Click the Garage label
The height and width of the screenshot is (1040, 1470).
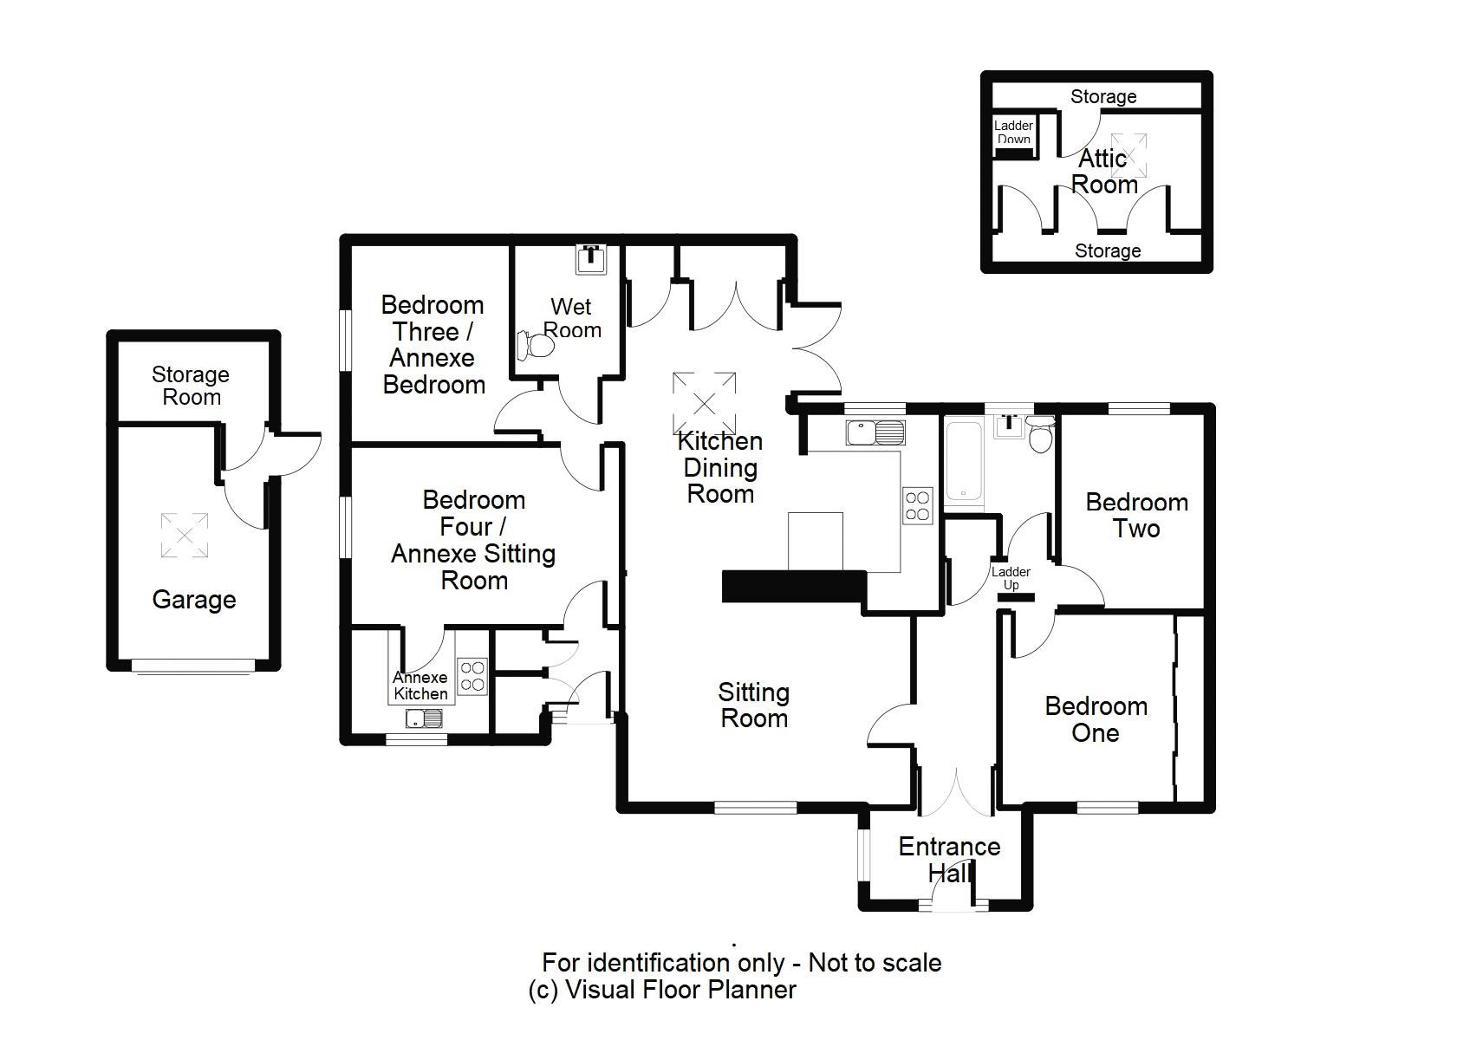click(x=194, y=600)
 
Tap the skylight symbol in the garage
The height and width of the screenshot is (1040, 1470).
click(x=184, y=535)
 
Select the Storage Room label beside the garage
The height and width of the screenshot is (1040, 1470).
click(x=191, y=386)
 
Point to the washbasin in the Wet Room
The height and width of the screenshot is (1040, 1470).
click(x=593, y=257)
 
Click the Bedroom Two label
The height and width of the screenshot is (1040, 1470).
click(x=1136, y=515)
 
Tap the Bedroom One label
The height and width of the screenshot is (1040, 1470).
click(x=1096, y=719)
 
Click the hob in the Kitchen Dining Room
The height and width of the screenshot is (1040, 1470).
click(x=917, y=505)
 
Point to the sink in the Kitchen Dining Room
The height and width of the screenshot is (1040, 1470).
click(x=875, y=432)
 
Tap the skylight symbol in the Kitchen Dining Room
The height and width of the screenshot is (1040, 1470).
click(x=704, y=403)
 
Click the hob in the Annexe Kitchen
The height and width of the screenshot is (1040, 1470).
click(x=472, y=676)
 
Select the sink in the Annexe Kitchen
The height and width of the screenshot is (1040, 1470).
click(x=424, y=718)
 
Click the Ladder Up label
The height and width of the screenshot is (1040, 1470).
click(x=1011, y=578)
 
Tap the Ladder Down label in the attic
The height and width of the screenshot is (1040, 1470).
click(x=1013, y=132)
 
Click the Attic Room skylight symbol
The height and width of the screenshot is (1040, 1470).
click(x=1129, y=155)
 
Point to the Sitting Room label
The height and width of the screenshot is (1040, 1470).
click(x=753, y=705)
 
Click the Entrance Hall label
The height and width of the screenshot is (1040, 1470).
click(x=949, y=860)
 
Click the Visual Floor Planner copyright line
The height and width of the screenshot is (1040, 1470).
click(x=662, y=990)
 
